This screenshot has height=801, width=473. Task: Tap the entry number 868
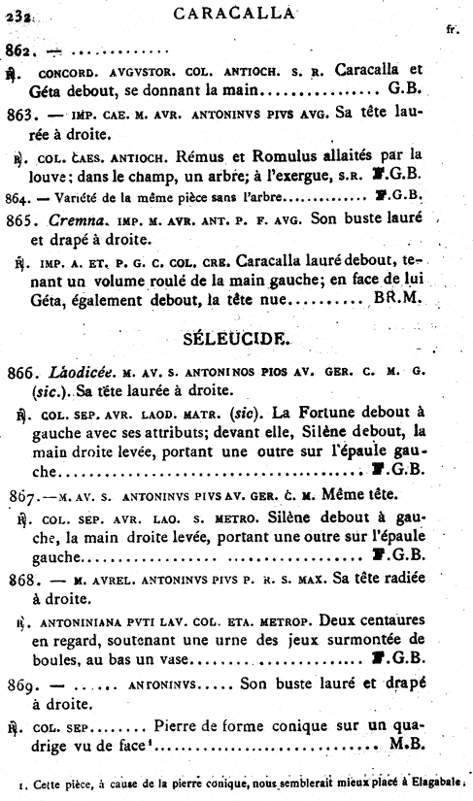coord(21,579)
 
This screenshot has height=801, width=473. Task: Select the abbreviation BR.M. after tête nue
coord(399,299)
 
